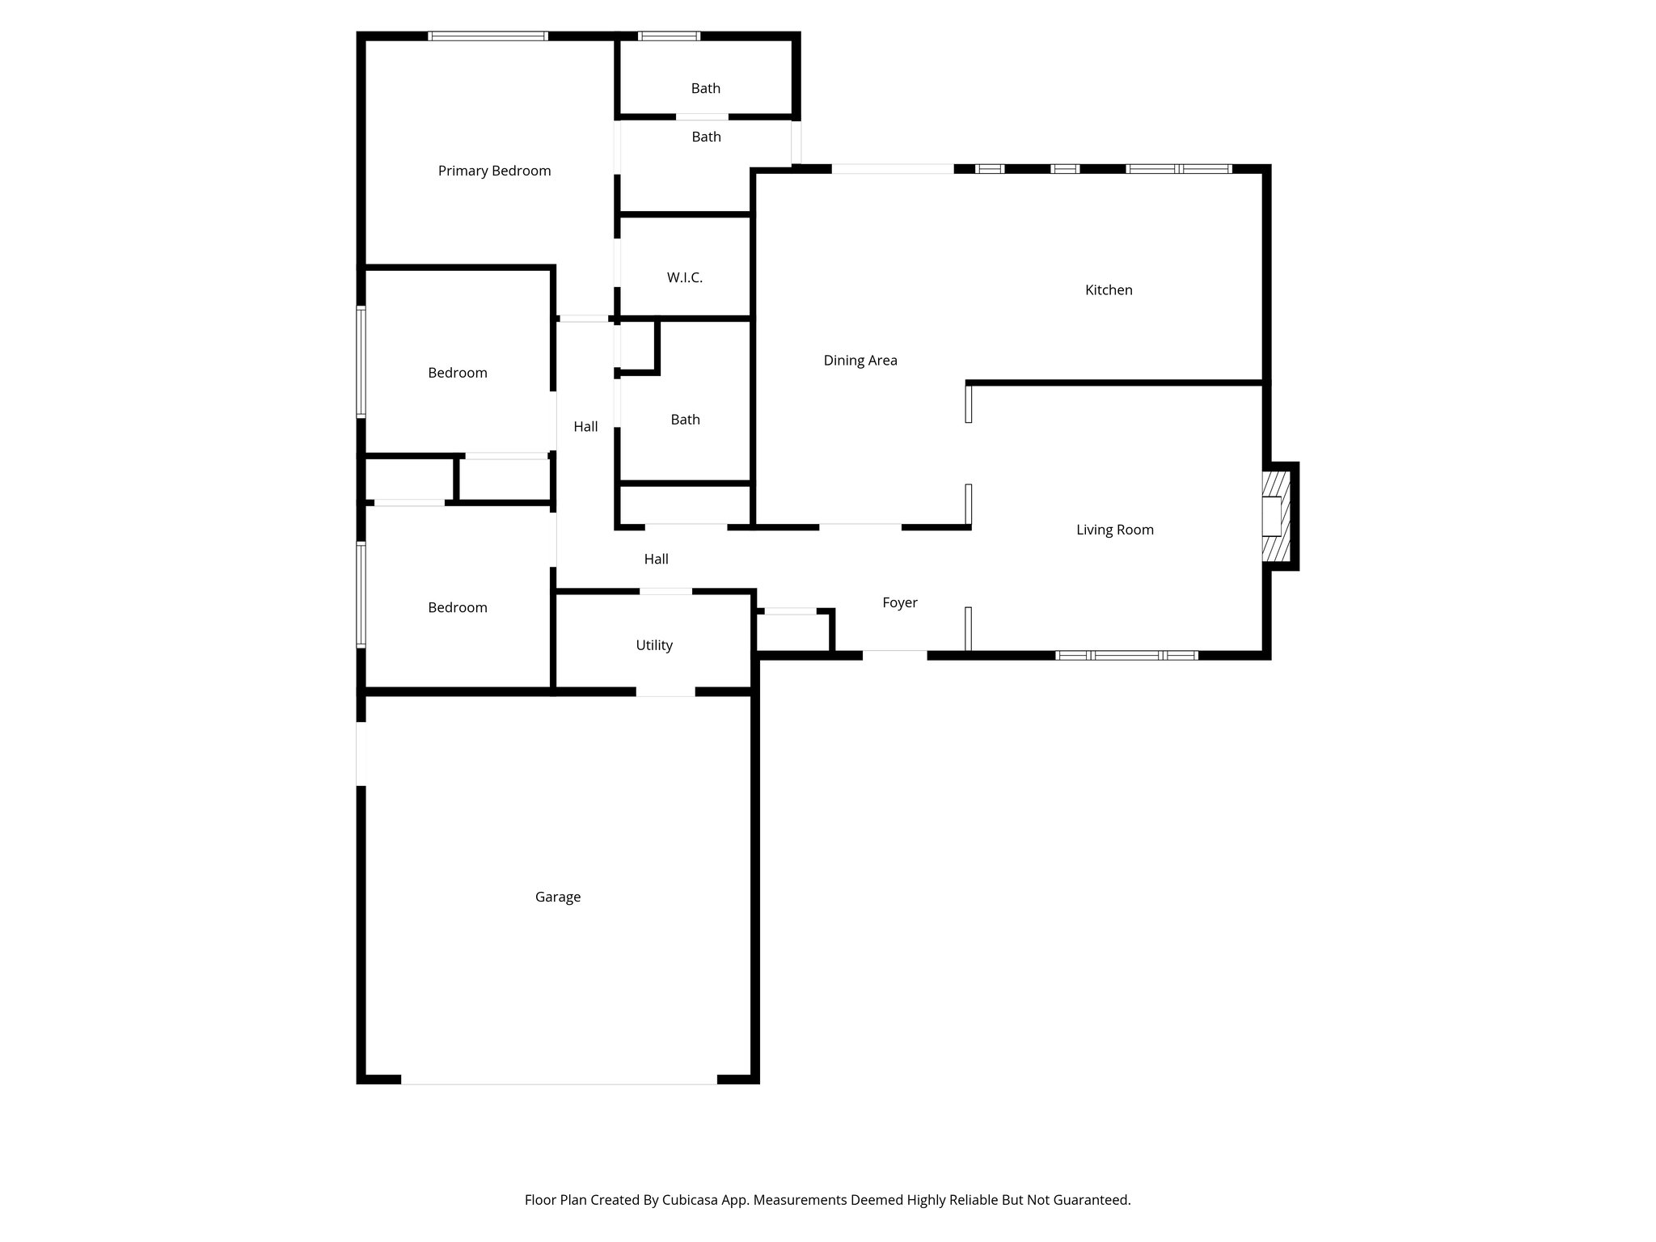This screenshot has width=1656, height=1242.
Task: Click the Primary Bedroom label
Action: pyautogui.click(x=494, y=171)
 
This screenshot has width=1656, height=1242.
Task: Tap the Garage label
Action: pyautogui.click(x=558, y=897)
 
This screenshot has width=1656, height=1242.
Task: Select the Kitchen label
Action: pyautogui.click(x=1109, y=290)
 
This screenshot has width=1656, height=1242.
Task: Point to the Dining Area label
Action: pyautogui.click(x=860, y=361)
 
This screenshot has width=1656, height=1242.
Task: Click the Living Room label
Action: pyautogui.click(x=1114, y=530)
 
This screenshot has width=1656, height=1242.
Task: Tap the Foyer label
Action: pyautogui.click(x=899, y=602)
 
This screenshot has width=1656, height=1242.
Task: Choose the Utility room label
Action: pyautogui.click(x=653, y=645)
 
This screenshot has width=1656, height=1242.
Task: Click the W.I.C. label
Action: pyautogui.click(x=684, y=278)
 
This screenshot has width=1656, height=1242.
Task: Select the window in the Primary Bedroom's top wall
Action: pyautogui.click(x=488, y=36)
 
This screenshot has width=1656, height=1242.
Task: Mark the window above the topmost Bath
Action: pyautogui.click(x=669, y=36)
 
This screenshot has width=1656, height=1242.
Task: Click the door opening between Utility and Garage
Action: pyautogui.click(x=665, y=691)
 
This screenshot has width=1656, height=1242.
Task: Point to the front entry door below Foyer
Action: pyautogui.click(x=894, y=655)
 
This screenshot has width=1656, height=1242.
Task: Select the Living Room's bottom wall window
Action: pyautogui.click(x=1127, y=655)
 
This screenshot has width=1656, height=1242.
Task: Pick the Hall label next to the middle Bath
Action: pyautogui.click(x=585, y=427)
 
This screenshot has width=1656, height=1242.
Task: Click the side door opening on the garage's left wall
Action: pyautogui.click(x=361, y=753)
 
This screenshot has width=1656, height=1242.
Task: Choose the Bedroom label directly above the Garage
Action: pyautogui.click(x=457, y=608)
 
